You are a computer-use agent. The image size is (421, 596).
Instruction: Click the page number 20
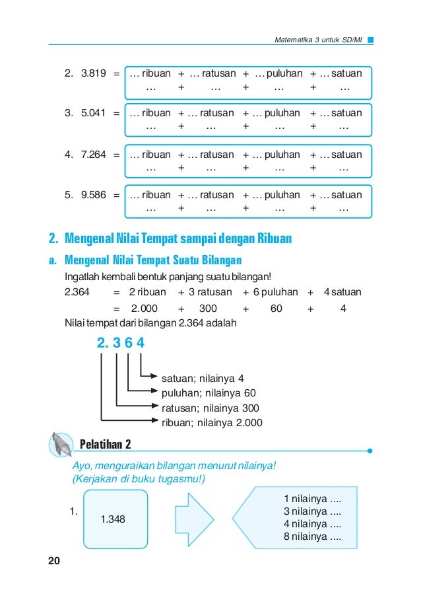(53, 561)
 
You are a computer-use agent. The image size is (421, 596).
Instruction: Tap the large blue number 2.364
(120, 344)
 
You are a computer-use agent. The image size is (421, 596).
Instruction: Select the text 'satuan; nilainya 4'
(203, 379)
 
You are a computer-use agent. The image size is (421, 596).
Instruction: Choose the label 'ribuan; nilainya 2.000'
(212, 423)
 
